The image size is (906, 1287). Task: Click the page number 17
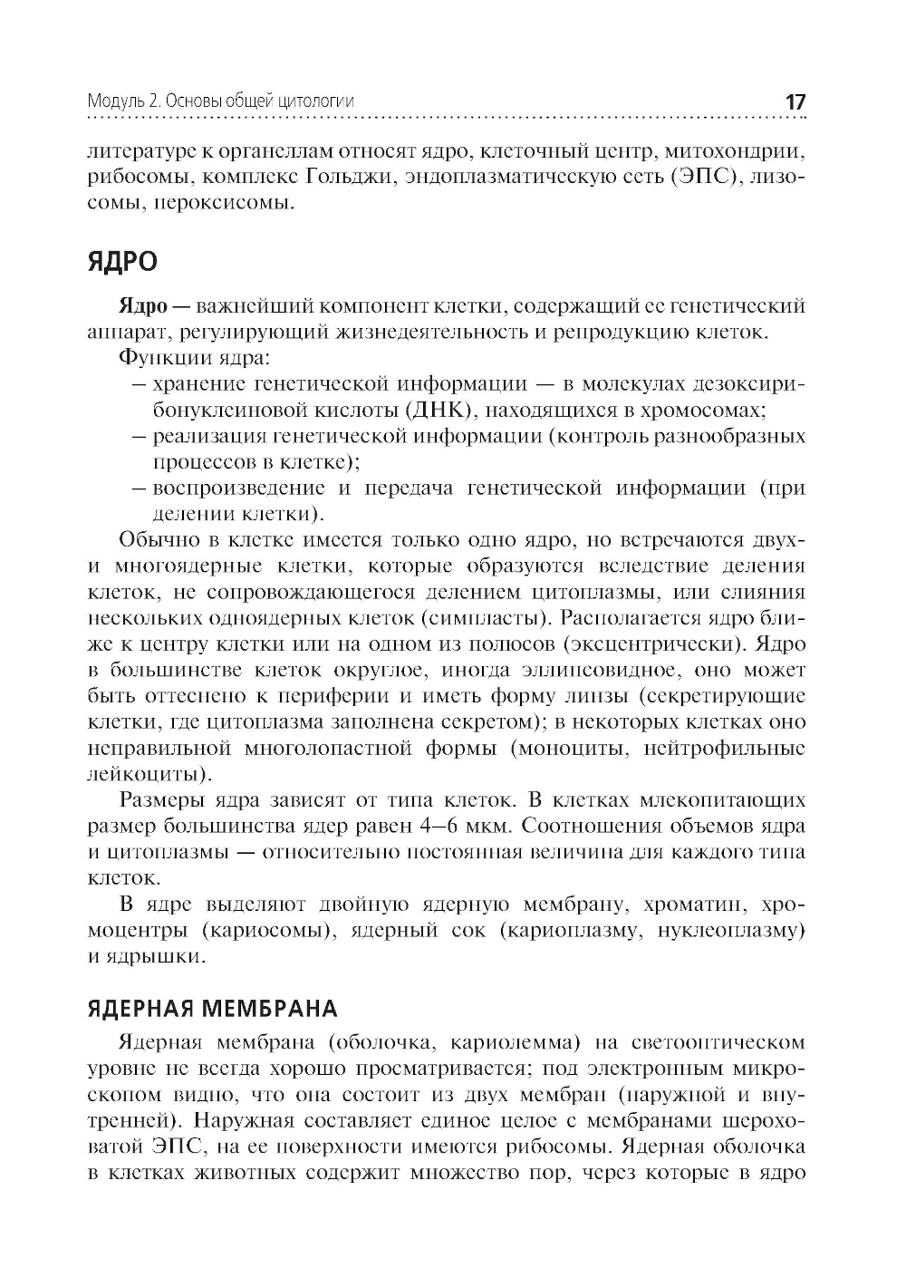point(795,102)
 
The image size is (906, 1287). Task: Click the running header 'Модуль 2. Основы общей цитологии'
point(221,102)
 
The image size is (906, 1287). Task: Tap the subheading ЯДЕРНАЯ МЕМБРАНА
point(213,1009)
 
